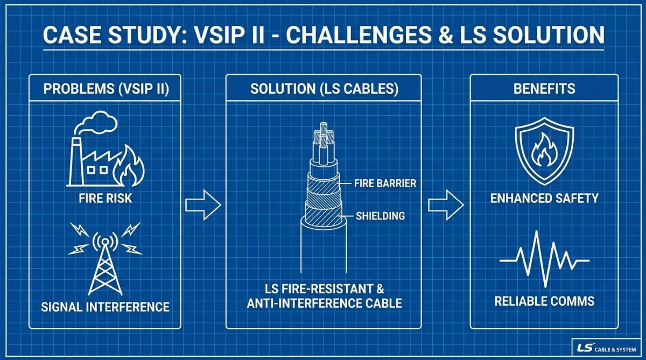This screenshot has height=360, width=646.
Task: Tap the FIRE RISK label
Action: (x=106, y=199)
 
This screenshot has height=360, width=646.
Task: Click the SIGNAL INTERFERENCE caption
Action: (x=106, y=307)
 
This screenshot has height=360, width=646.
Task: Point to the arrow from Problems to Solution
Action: (x=203, y=205)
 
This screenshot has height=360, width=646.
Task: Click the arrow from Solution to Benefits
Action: (x=446, y=205)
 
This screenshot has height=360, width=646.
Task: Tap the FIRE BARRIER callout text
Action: (x=385, y=183)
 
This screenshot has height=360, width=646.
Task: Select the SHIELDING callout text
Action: (x=381, y=216)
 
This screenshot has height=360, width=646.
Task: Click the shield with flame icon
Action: (x=544, y=151)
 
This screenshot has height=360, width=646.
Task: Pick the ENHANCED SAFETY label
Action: (x=544, y=199)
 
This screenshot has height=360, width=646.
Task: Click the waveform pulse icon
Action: (x=544, y=259)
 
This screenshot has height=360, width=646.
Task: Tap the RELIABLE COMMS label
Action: (x=544, y=301)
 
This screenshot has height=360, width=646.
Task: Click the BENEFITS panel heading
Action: (x=544, y=88)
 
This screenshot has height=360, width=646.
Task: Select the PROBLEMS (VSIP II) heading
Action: (x=106, y=88)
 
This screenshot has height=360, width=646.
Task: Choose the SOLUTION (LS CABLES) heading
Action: (x=324, y=88)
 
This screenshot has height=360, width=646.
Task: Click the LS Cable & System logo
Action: (x=607, y=348)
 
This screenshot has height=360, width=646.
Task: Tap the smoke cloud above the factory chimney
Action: (x=96, y=122)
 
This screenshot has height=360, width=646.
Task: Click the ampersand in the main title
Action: (x=446, y=35)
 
